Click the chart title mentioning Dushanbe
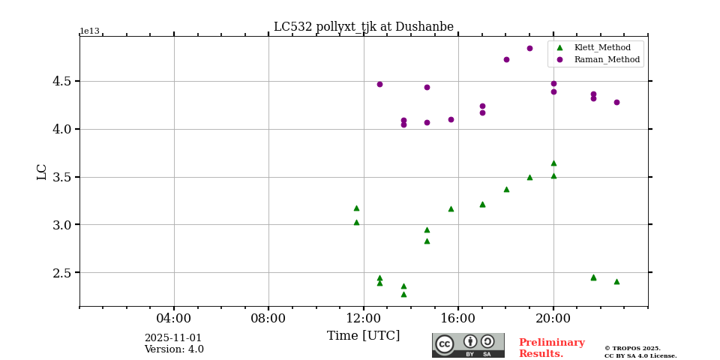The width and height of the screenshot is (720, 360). coord(363,27)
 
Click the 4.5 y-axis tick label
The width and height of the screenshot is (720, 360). coord(61,81)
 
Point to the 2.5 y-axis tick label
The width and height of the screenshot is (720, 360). coord(61,273)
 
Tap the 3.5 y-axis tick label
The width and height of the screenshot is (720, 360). coord(61,178)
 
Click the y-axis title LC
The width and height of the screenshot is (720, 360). coord(42,171)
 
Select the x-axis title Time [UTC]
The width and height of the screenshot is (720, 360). coord(363,336)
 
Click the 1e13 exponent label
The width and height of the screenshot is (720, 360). coord(89,31)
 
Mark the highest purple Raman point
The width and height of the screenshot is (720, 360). coord(529,48)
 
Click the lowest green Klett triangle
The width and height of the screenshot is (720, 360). coord(403,294)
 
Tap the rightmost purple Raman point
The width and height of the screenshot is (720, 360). coord(616,102)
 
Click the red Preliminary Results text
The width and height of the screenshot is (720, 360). coord(551,348)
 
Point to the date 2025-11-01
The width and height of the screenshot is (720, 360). coord(173,338)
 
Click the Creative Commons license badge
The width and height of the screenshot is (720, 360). coord(468,345)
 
